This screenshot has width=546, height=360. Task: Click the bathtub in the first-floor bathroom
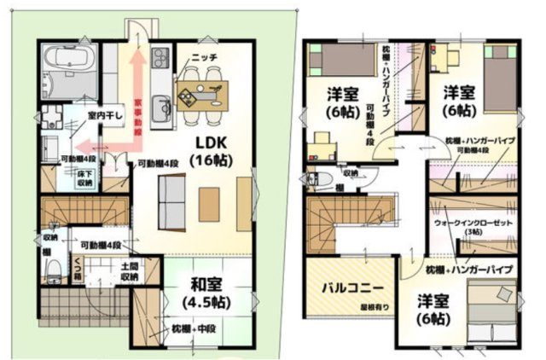[66, 61]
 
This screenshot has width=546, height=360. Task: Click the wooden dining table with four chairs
[204, 86]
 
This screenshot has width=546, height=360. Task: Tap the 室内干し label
[79, 116]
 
